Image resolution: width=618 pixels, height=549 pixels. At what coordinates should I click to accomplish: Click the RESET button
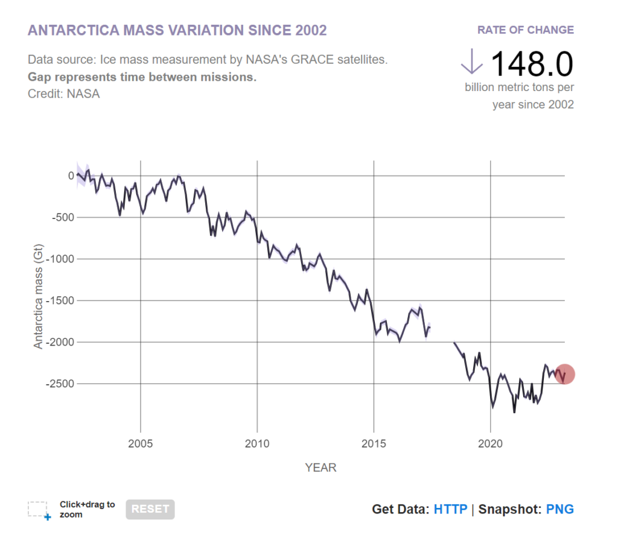150,509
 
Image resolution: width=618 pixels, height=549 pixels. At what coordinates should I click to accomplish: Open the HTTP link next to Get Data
450,509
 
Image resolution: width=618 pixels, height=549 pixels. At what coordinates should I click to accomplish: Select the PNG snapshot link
559,509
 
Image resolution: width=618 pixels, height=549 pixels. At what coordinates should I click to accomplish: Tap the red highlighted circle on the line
565,374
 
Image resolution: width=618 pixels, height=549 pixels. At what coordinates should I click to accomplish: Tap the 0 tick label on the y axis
71,176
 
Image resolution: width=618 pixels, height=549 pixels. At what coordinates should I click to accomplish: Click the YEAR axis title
320,468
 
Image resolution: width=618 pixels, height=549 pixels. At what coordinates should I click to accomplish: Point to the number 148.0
532,63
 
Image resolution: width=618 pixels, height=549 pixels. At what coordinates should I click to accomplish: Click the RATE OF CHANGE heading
525,30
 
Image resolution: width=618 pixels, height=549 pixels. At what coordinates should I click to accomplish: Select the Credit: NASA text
64,94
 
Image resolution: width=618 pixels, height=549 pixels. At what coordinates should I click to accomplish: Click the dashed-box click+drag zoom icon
39,510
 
